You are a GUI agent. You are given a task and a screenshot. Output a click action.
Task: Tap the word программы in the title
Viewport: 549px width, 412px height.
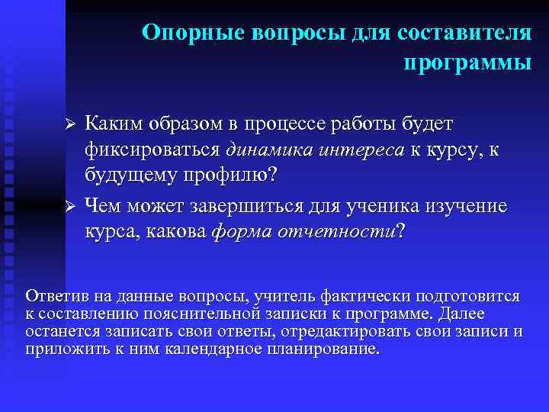[467, 62]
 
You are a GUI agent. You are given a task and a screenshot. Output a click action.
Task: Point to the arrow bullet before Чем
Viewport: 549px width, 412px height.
[68, 207]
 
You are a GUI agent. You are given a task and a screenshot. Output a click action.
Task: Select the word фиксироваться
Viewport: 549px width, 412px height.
[152, 150]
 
